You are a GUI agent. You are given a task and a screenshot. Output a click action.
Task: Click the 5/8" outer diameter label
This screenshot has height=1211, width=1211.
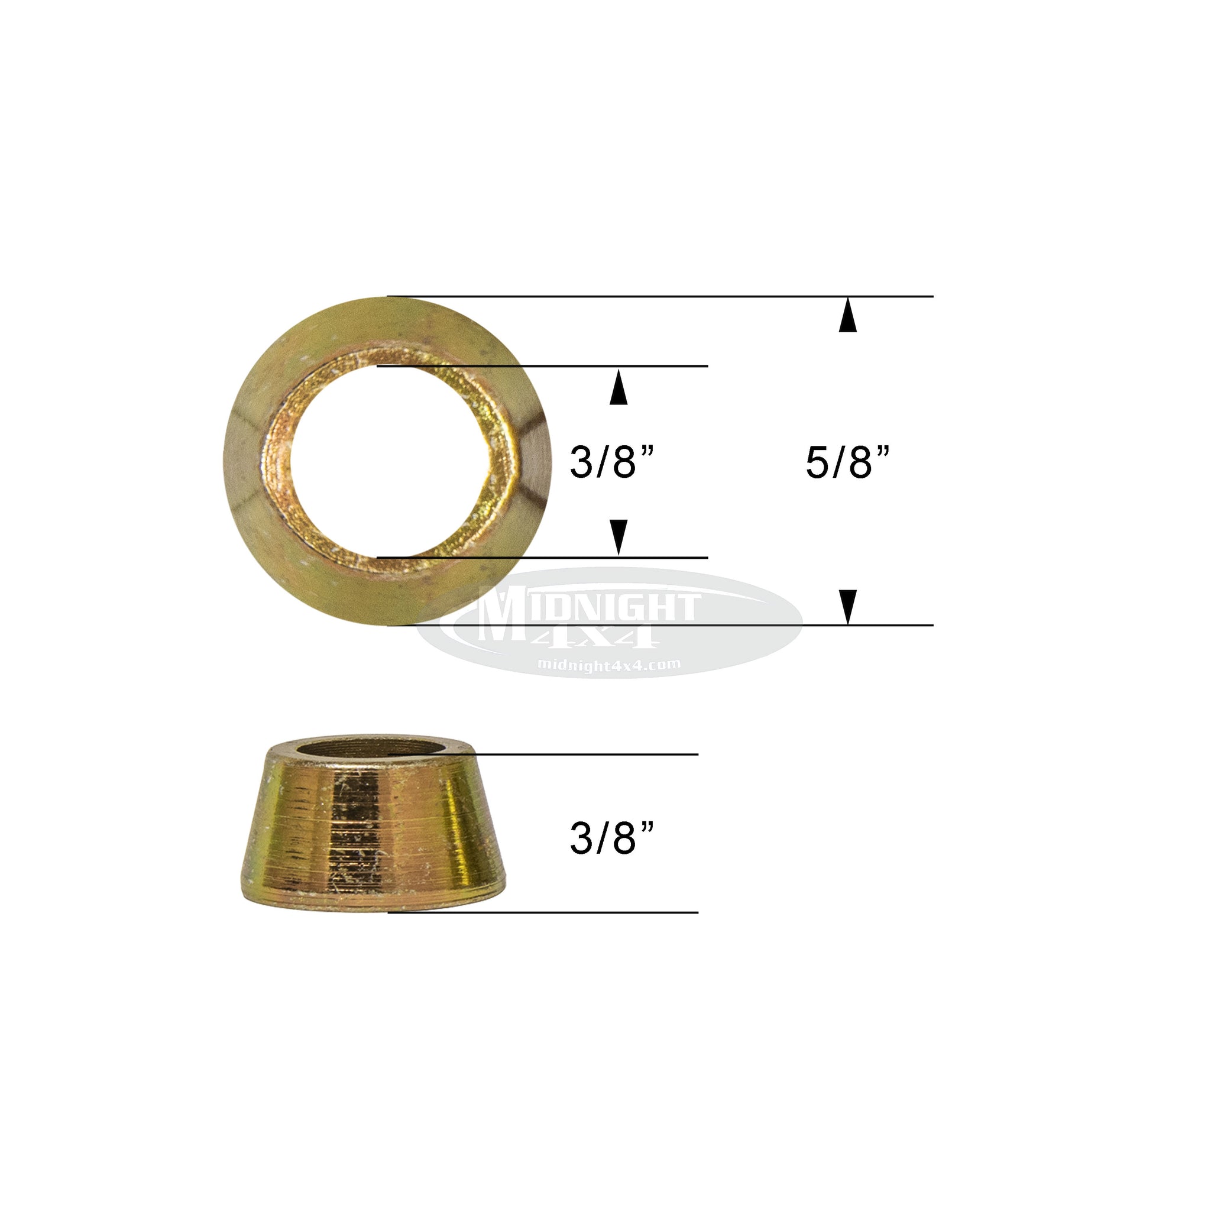pyautogui.click(x=847, y=462)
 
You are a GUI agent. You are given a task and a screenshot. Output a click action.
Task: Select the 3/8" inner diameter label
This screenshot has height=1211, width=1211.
pyautogui.click(x=612, y=462)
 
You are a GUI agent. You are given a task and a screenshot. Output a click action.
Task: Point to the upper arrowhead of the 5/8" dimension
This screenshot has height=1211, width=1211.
pyautogui.click(x=847, y=315)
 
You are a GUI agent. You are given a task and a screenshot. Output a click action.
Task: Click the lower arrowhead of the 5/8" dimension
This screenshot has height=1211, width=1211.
pyautogui.click(x=847, y=606)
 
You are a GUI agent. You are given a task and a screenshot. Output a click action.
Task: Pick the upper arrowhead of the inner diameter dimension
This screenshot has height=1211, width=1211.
pyautogui.click(x=619, y=387)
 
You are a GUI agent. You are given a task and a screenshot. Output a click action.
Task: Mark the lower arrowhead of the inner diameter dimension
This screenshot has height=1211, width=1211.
pyautogui.click(x=619, y=536)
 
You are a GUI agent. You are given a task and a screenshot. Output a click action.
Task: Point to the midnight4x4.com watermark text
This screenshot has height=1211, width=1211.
pyautogui.click(x=608, y=665)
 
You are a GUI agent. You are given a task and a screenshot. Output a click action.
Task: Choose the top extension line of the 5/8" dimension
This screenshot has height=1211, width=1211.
pyautogui.click(x=689, y=296)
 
